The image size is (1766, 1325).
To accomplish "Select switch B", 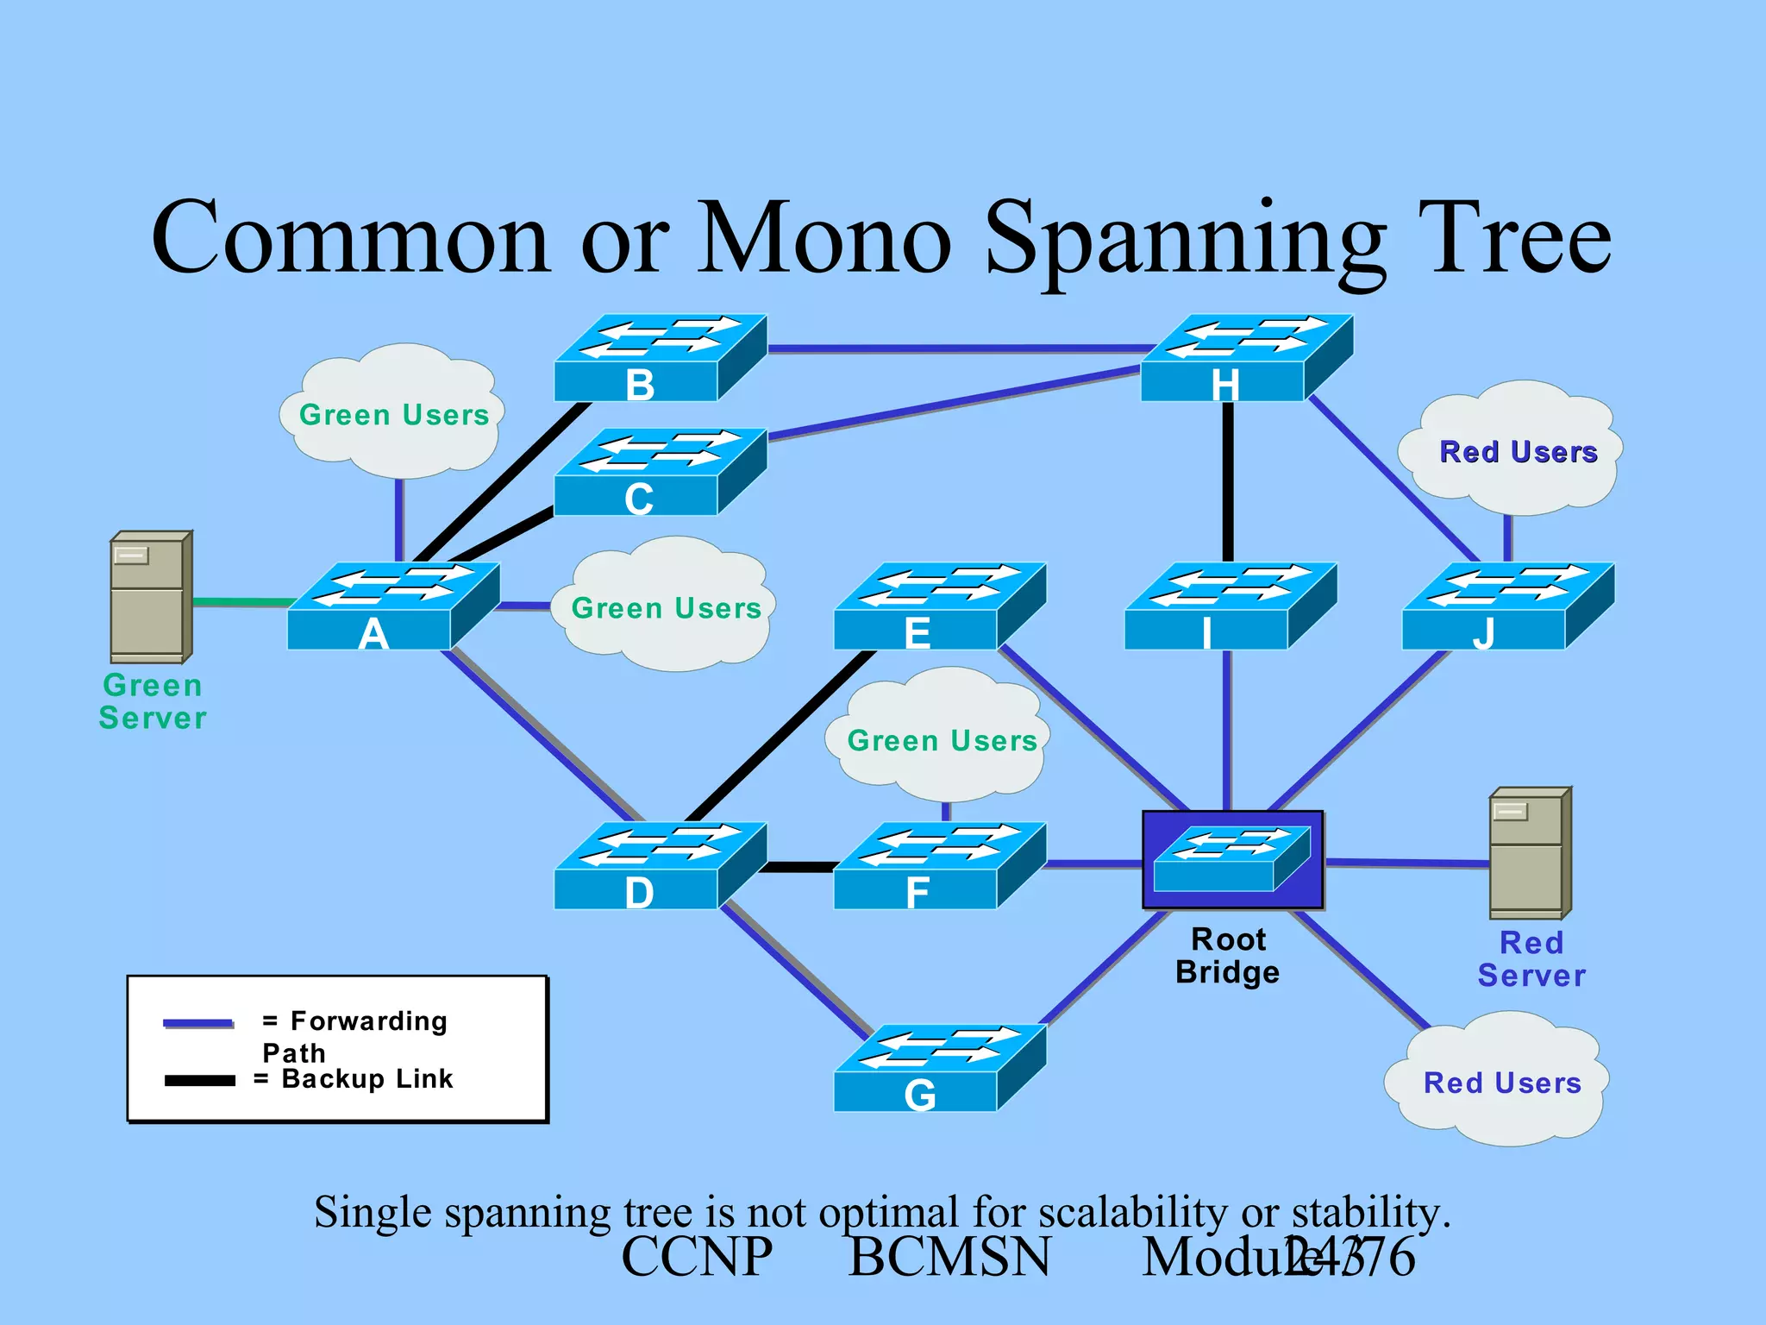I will [660, 358].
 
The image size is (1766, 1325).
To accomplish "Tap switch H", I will [1246, 358].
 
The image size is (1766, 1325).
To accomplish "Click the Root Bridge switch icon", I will [1232, 859].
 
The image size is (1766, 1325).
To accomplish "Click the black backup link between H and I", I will [1228, 483].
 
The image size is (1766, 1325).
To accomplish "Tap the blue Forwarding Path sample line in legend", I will [198, 1023].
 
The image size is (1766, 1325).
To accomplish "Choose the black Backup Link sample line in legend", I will [200, 1080].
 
